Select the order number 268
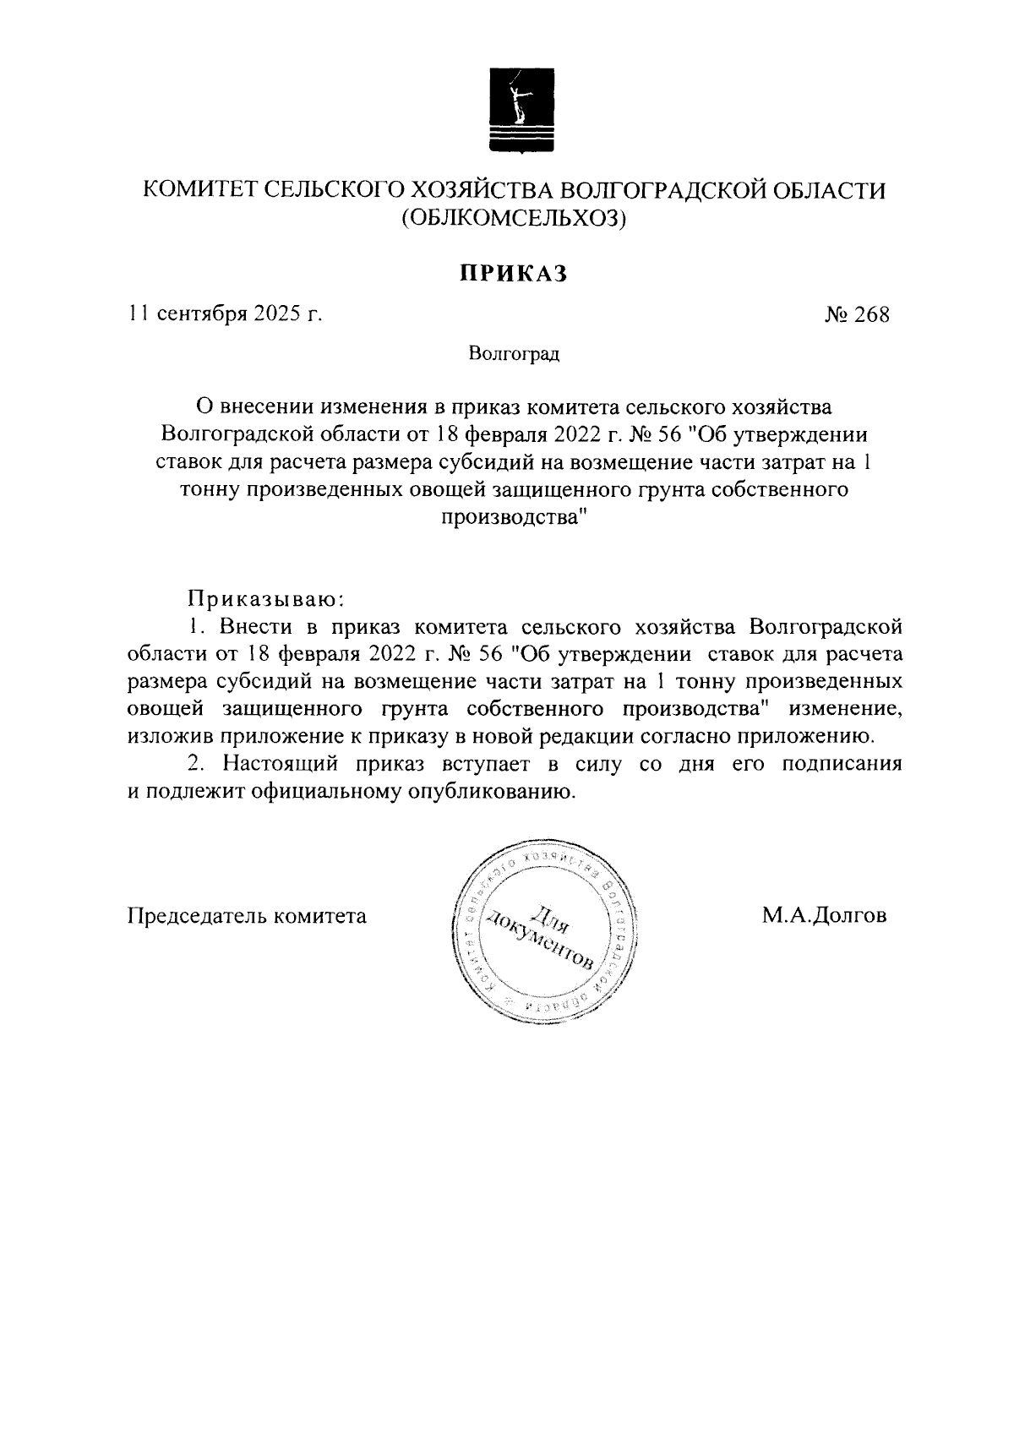coord(857,315)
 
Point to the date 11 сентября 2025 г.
coord(226,315)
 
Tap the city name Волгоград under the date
coord(515,353)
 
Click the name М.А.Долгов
coord(823,915)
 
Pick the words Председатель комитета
coord(247,915)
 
